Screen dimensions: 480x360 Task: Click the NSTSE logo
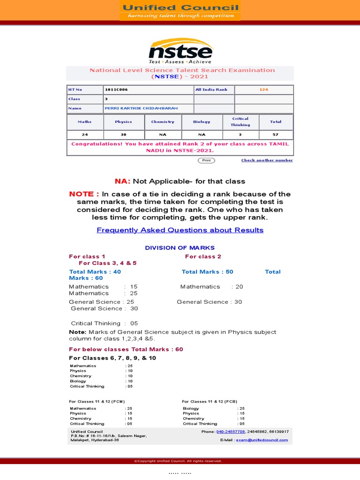[x=180, y=50]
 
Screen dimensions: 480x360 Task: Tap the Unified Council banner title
[x=180, y=7]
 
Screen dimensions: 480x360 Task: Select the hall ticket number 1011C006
[x=116, y=90]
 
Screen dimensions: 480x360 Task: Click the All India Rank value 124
[x=264, y=90]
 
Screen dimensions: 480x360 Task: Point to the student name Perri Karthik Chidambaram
[x=141, y=108]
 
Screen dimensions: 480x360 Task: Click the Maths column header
[x=85, y=122]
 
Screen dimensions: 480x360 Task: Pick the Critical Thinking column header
[x=240, y=122]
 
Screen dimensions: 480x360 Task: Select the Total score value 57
[x=276, y=135]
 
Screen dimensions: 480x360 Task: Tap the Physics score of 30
[x=123, y=135]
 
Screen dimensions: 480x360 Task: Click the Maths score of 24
[x=85, y=135]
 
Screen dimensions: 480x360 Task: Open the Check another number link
[x=267, y=160]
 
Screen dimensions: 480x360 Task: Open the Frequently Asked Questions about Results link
[x=180, y=230]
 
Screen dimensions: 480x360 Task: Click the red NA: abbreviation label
[x=123, y=181]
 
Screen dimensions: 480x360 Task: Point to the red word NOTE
[x=84, y=194]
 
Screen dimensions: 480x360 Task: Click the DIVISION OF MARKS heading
[x=180, y=247]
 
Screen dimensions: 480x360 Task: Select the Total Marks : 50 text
[x=207, y=272]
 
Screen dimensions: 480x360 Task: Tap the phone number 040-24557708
[x=231, y=431]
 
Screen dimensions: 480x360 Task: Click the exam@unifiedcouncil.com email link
[x=262, y=440]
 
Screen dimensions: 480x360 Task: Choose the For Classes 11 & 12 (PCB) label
[x=210, y=402]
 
